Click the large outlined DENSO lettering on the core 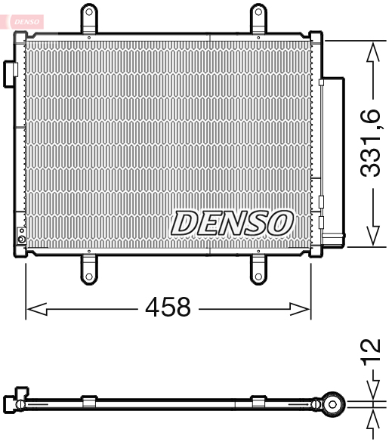pyautogui.click(x=232, y=223)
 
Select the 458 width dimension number pyautogui.click(x=168, y=307)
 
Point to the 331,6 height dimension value pyautogui.click(x=370, y=143)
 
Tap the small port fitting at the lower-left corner pyautogui.click(x=21, y=241)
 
